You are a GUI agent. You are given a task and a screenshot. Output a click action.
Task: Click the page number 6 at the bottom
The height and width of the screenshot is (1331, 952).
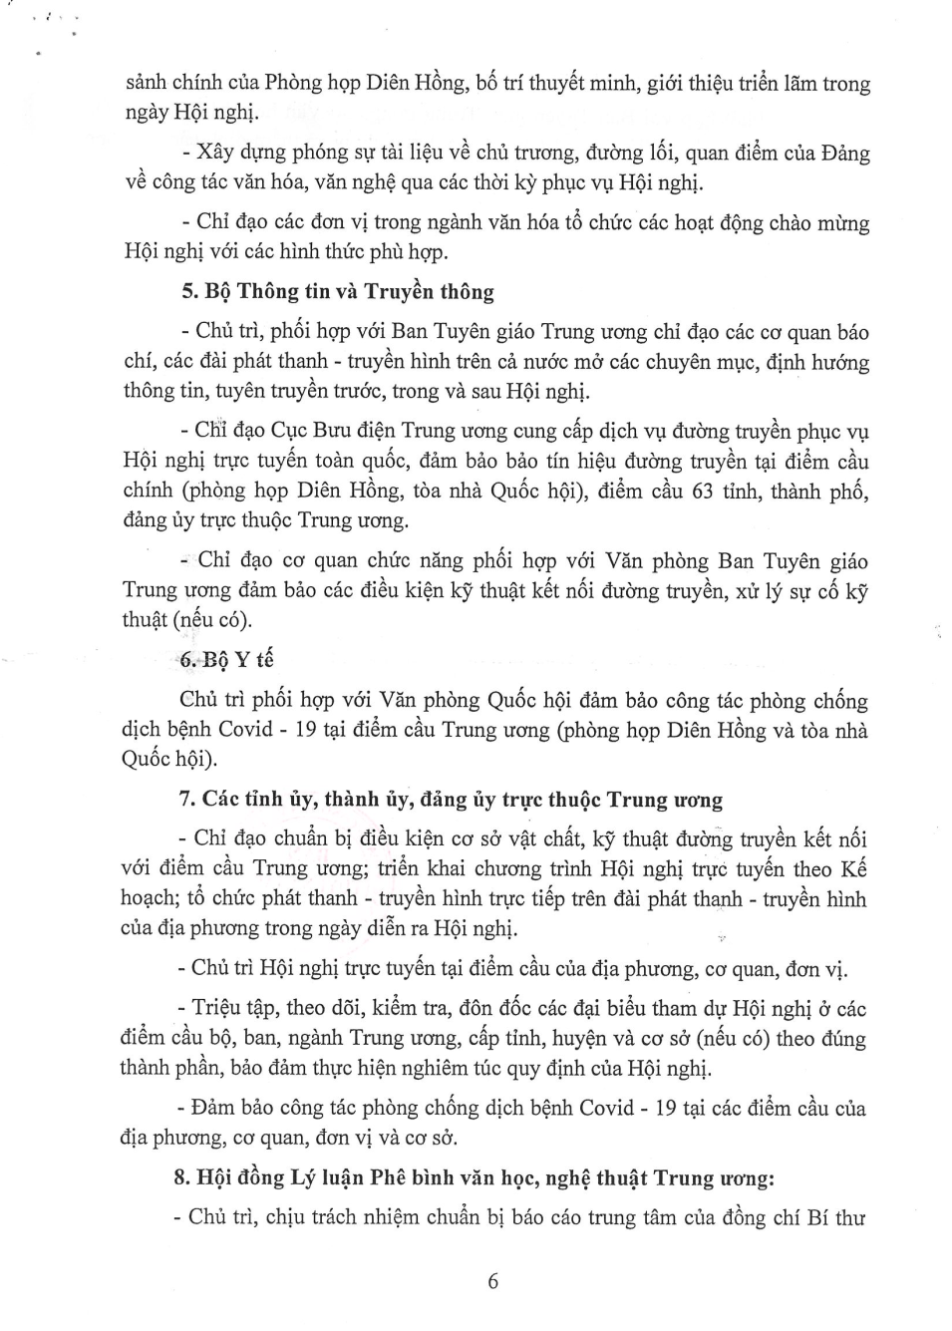pyautogui.click(x=492, y=1281)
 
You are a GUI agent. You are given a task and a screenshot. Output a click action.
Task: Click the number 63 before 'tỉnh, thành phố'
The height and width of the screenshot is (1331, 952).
pyautogui.click(x=702, y=492)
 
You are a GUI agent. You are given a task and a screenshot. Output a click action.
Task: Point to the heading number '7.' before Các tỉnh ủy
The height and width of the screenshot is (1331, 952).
pyautogui.click(x=185, y=800)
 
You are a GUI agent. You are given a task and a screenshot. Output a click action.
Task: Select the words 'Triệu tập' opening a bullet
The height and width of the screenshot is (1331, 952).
pyautogui.click(x=232, y=1009)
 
